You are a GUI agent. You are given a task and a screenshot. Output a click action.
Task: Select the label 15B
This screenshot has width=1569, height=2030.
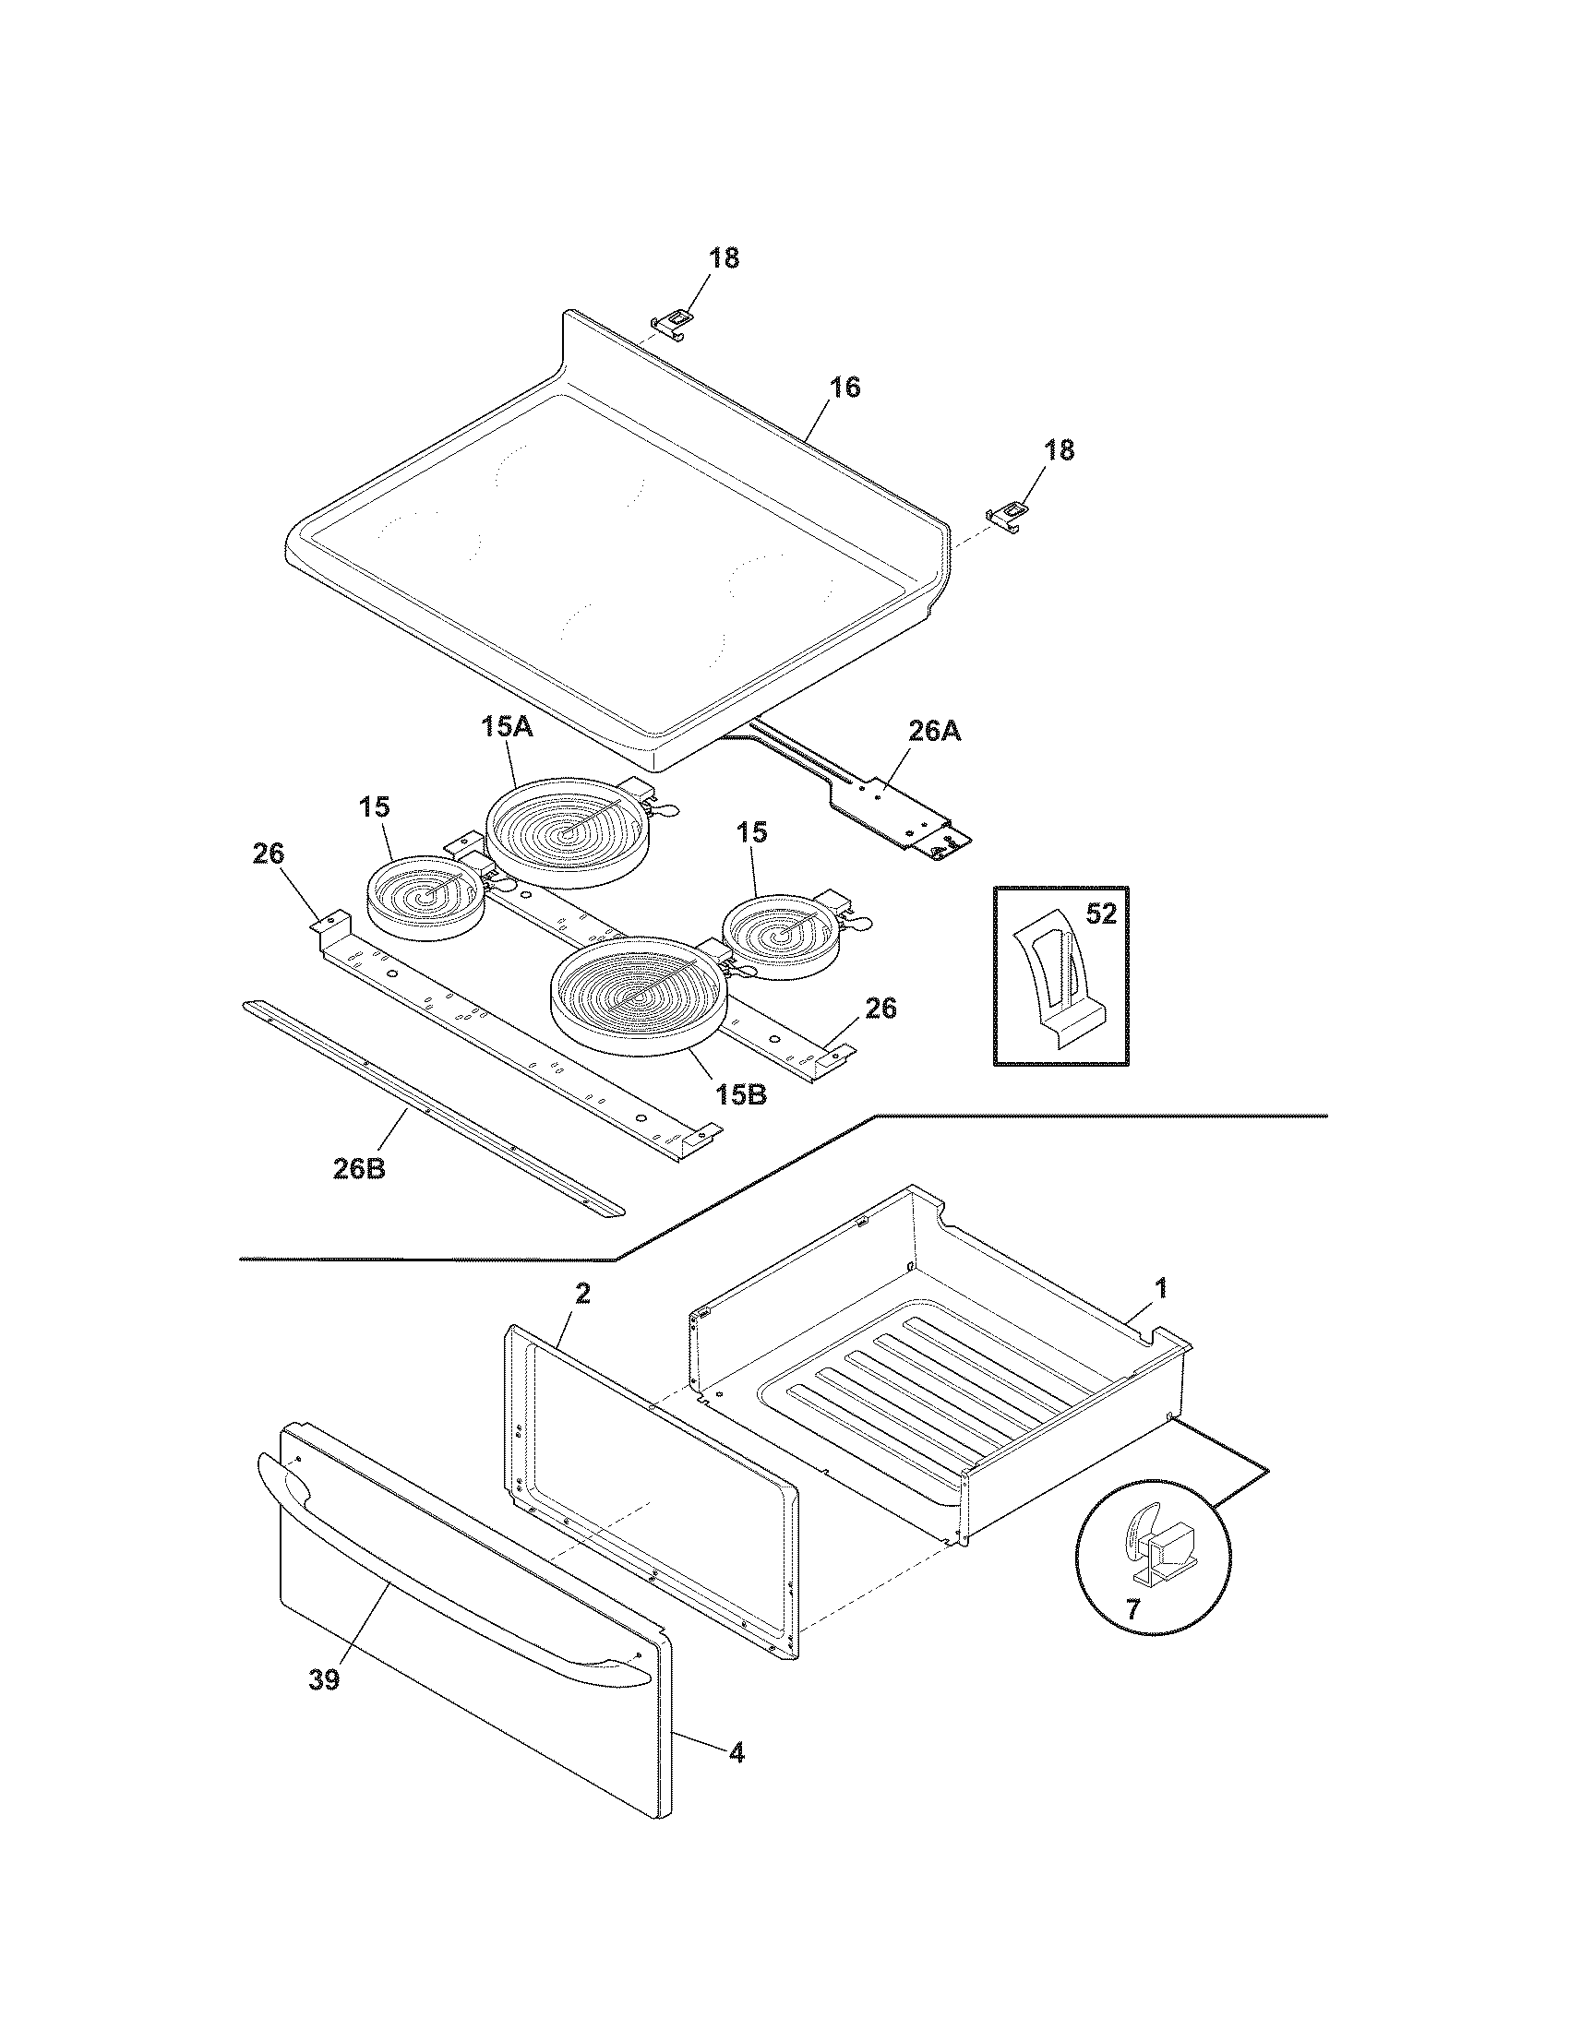(x=742, y=1094)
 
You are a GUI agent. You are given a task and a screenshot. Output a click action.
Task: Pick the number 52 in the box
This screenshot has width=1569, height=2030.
(x=1100, y=914)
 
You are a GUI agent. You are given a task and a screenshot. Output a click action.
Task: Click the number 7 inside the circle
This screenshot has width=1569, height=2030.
(x=1132, y=1610)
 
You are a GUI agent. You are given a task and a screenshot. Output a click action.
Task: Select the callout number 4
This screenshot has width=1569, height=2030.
(x=736, y=1753)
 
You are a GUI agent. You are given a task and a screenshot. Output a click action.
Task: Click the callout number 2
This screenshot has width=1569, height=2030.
(x=581, y=1293)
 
